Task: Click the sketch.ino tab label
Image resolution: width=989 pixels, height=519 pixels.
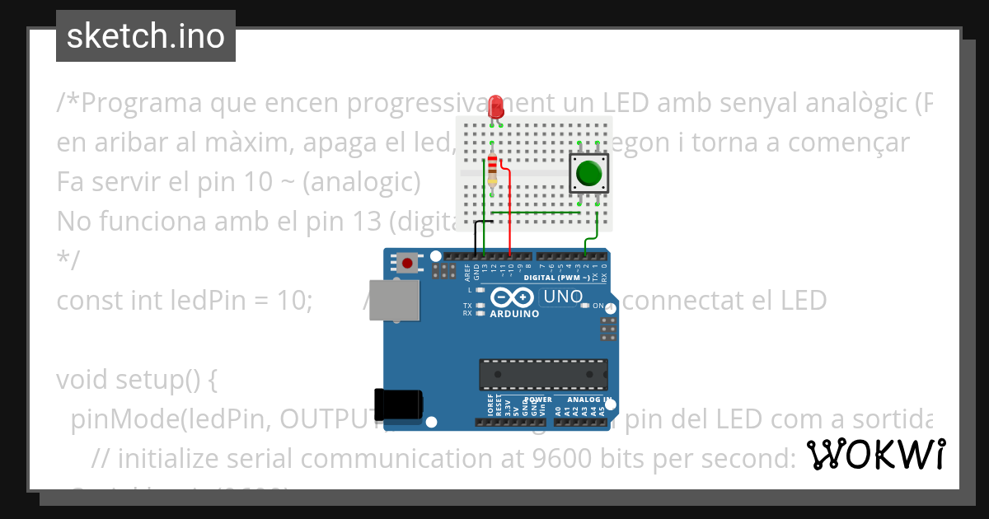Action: (146, 36)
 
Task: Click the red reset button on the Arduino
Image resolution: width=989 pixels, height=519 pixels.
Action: (407, 263)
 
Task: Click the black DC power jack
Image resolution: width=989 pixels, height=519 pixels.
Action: (399, 403)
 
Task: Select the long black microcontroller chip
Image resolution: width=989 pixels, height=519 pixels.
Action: (544, 374)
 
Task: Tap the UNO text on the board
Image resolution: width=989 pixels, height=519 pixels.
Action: (565, 297)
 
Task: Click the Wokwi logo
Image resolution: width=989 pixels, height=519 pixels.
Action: (875, 455)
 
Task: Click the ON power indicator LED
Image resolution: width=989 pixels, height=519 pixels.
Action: (586, 306)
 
